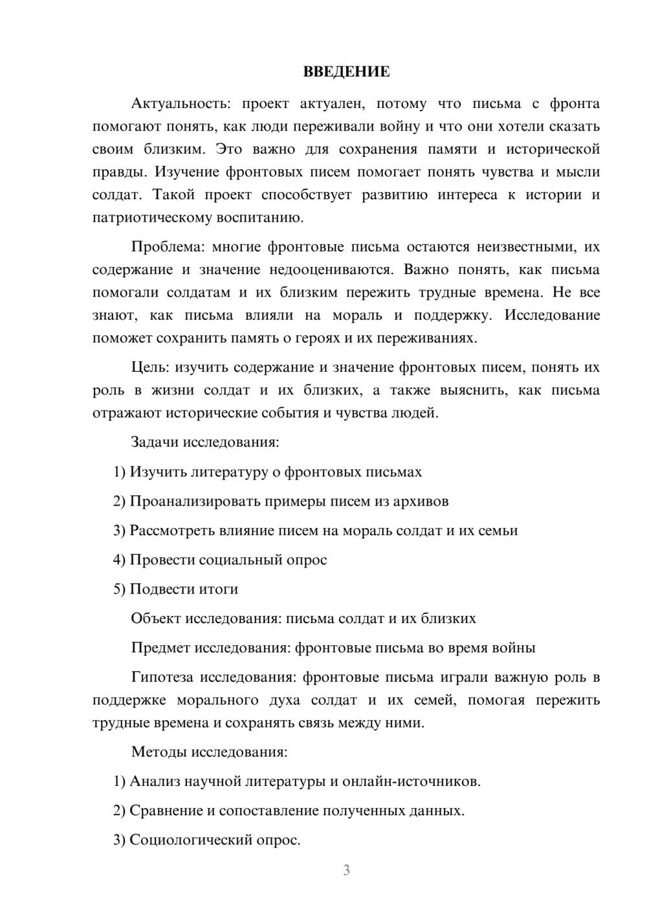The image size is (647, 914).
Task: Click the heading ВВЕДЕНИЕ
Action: tap(346, 72)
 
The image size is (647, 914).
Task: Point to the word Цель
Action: tap(149, 368)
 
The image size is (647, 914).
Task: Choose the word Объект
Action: tap(155, 619)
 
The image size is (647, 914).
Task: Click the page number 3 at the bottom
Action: tap(346, 870)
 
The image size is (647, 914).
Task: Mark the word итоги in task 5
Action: tap(218, 590)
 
